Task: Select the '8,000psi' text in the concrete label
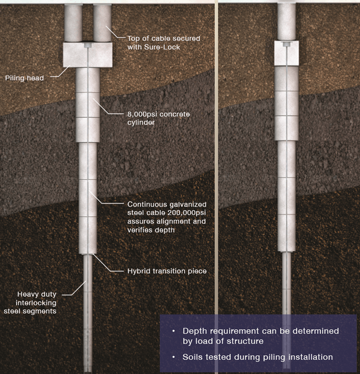(x=142, y=115)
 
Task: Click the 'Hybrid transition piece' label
(x=166, y=271)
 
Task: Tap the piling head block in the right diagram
(x=287, y=52)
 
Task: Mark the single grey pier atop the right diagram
(x=287, y=20)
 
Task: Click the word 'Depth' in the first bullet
(x=194, y=330)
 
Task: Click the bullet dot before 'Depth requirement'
(x=173, y=330)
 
